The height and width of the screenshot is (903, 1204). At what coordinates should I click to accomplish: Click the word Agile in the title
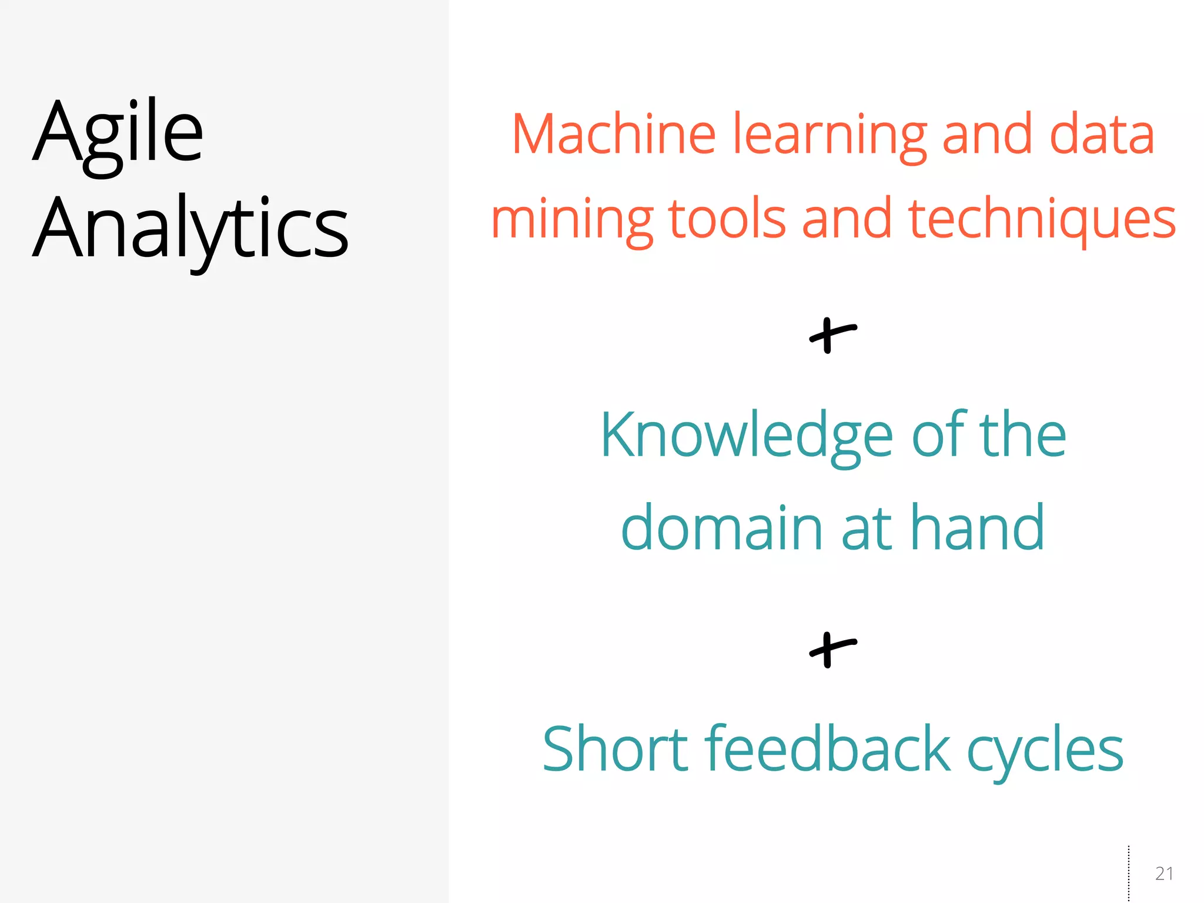(x=118, y=133)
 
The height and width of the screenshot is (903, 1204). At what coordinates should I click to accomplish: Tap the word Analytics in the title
(x=191, y=229)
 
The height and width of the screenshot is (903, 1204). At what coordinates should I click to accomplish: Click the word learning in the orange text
(x=829, y=136)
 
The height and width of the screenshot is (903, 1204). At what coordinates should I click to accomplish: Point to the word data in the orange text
(x=1102, y=135)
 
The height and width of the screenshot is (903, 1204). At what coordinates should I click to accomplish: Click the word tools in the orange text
(x=727, y=219)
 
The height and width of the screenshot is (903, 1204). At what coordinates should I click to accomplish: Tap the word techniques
(x=1041, y=220)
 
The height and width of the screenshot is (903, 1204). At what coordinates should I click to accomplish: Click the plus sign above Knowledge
(x=832, y=336)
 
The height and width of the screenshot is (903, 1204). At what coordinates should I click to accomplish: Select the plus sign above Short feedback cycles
(x=832, y=650)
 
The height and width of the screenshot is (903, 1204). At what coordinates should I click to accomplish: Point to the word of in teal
(x=939, y=435)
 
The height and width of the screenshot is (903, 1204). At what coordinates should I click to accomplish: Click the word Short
(x=615, y=749)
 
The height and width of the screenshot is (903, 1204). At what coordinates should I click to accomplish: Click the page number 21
(x=1164, y=874)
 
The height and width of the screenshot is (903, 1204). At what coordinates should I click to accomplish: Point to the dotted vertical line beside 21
(x=1129, y=873)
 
